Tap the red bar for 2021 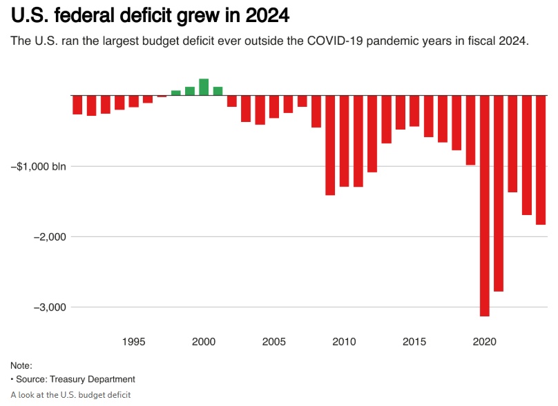click(499, 193)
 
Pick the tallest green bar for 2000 click(204, 87)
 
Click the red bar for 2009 click(330, 145)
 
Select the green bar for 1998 click(175, 92)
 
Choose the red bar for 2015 click(414, 111)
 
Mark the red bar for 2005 click(274, 107)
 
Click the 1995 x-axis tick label click(133, 341)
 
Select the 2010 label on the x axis click(344, 341)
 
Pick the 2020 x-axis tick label click(485, 341)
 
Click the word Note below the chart click(21, 366)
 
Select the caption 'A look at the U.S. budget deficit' click(70, 395)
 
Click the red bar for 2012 click(372, 134)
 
